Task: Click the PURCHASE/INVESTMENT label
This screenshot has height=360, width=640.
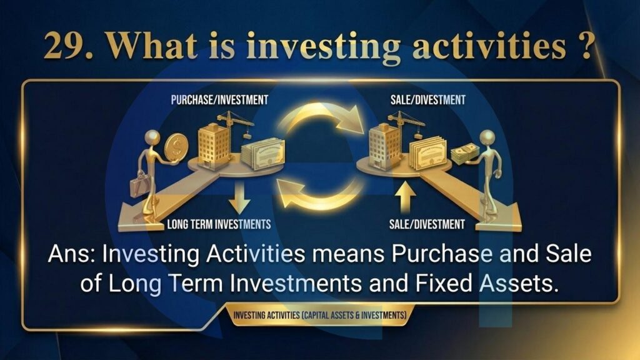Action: tap(219, 99)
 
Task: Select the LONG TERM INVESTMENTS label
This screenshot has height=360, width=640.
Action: tap(219, 224)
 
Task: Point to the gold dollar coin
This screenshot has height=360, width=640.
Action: tap(176, 147)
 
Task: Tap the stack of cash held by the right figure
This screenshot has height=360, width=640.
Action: tap(464, 153)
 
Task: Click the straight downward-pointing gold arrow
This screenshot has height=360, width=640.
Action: tap(239, 197)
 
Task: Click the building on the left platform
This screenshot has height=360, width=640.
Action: tap(214, 145)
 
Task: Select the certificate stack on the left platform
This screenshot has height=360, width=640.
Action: tap(263, 154)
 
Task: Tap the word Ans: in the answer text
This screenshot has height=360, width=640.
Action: tap(71, 254)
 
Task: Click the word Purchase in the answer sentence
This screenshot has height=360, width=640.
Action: tap(442, 254)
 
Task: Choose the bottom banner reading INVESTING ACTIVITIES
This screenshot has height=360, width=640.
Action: tap(319, 315)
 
